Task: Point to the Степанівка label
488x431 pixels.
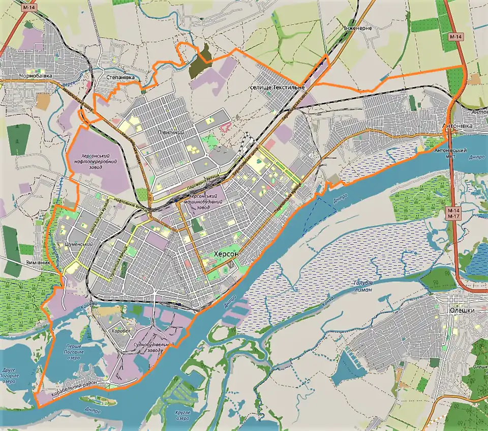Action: (x=120, y=77)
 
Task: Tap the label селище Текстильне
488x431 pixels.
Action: (x=278, y=88)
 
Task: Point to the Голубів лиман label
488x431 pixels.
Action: (x=362, y=285)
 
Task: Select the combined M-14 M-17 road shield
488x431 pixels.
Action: (x=453, y=213)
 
